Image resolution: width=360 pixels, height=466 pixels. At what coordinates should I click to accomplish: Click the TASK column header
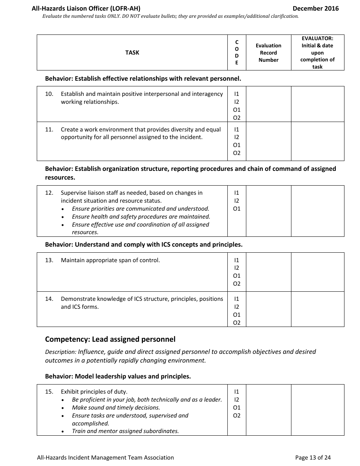pos(132,53)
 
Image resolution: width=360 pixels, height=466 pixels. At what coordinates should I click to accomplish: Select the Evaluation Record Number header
pos(268,53)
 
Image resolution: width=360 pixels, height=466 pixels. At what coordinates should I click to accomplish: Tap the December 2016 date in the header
pos(316,8)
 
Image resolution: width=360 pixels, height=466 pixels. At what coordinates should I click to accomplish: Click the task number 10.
pos(49,94)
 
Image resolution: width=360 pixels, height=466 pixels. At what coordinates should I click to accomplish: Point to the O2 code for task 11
pos(237,153)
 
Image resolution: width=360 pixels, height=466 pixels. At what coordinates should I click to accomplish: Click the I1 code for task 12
pos(237,193)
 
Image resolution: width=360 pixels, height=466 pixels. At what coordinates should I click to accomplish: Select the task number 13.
pos(49,260)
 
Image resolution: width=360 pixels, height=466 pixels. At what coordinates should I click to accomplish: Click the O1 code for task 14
pos(237,315)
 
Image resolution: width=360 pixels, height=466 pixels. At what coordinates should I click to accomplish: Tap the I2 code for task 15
pos(237,400)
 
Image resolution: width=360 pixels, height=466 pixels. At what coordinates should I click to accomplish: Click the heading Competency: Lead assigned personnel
pos(110,339)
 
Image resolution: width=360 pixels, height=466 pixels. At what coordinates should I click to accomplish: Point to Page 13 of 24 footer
pos(313,458)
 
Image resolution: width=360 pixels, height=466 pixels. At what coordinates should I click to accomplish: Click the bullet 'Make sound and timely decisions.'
pos(116,408)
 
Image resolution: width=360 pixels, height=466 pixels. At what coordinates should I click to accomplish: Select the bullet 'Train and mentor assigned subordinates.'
pos(125,431)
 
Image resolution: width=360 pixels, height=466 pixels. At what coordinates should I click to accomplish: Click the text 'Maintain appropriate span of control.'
pos(110,260)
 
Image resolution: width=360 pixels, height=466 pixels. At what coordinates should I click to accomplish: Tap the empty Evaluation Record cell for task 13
pos(268,272)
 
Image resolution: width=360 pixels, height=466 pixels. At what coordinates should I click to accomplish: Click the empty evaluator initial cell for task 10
pos(318,104)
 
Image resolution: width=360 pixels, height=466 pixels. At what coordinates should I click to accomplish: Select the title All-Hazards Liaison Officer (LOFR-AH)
pos(86,8)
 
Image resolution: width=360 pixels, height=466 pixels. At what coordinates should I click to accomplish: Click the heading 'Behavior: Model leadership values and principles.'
pos(118,377)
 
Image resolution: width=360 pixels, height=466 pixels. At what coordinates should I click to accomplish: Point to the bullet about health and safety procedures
pos(141,217)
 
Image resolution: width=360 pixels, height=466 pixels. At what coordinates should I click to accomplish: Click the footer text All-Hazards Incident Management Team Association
pos(105,458)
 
